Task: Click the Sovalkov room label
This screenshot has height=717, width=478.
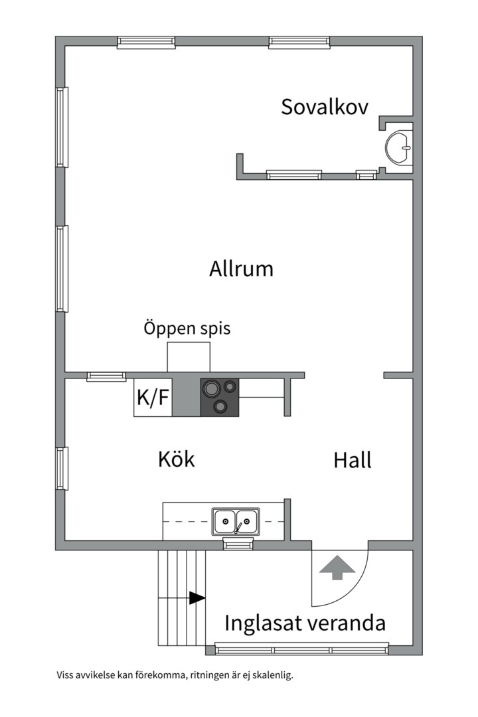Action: click(x=324, y=107)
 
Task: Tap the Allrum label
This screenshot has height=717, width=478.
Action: click(x=241, y=268)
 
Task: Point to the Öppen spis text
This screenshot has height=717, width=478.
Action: click(x=187, y=329)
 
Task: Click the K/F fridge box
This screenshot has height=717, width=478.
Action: click(x=153, y=398)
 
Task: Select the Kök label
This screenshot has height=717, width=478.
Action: click(x=177, y=459)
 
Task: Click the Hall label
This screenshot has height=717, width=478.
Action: click(x=353, y=460)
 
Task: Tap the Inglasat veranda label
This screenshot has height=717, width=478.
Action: click(x=305, y=623)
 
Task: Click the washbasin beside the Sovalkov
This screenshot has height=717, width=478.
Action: click(x=398, y=147)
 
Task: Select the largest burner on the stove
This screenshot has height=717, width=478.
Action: click(x=211, y=389)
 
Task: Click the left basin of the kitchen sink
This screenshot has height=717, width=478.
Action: click(x=224, y=521)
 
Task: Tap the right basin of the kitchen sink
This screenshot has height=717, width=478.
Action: click(x=247, y=521)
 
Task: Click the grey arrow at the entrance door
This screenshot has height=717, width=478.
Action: click(x=337, y=568)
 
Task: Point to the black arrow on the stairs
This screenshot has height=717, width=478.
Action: click(x=197, y=597)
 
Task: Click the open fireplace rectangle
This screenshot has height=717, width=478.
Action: click(x=189, y=357)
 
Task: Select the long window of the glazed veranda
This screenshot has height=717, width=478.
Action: click(x=302, y=649)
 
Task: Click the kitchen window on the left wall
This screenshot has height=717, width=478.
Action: click(x=62, y=468)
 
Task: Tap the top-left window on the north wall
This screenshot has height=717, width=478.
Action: click(x=146, y=42)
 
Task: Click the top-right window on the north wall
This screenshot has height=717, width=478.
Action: click(x=299, y=42)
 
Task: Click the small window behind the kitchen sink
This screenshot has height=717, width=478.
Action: click(x=238, y=544)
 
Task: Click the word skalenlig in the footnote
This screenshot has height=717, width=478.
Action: click(x=274, y=675)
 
